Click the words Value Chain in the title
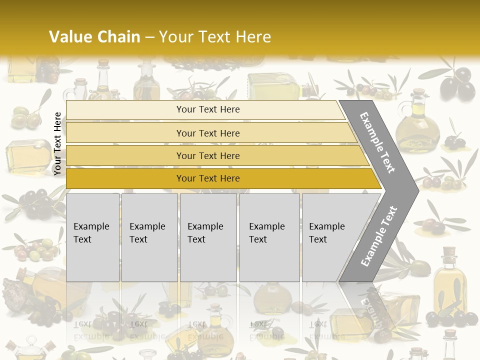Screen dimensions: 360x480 coord(94,37)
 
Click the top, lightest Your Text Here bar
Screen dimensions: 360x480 coord(207,109)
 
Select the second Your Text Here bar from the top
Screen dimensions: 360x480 coord(207,133)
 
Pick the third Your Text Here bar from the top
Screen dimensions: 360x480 coord(207,155)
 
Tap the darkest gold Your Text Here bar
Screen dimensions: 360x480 coord(207,178)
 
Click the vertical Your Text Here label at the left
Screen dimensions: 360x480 coord(57,143)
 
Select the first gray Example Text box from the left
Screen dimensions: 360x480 coord(92,237)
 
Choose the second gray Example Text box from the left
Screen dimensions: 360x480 coord(149,237)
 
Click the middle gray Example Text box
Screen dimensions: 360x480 coord(208,237)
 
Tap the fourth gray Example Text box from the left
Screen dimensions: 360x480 coord(269,237)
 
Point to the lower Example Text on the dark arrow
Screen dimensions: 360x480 coord(378,236)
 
